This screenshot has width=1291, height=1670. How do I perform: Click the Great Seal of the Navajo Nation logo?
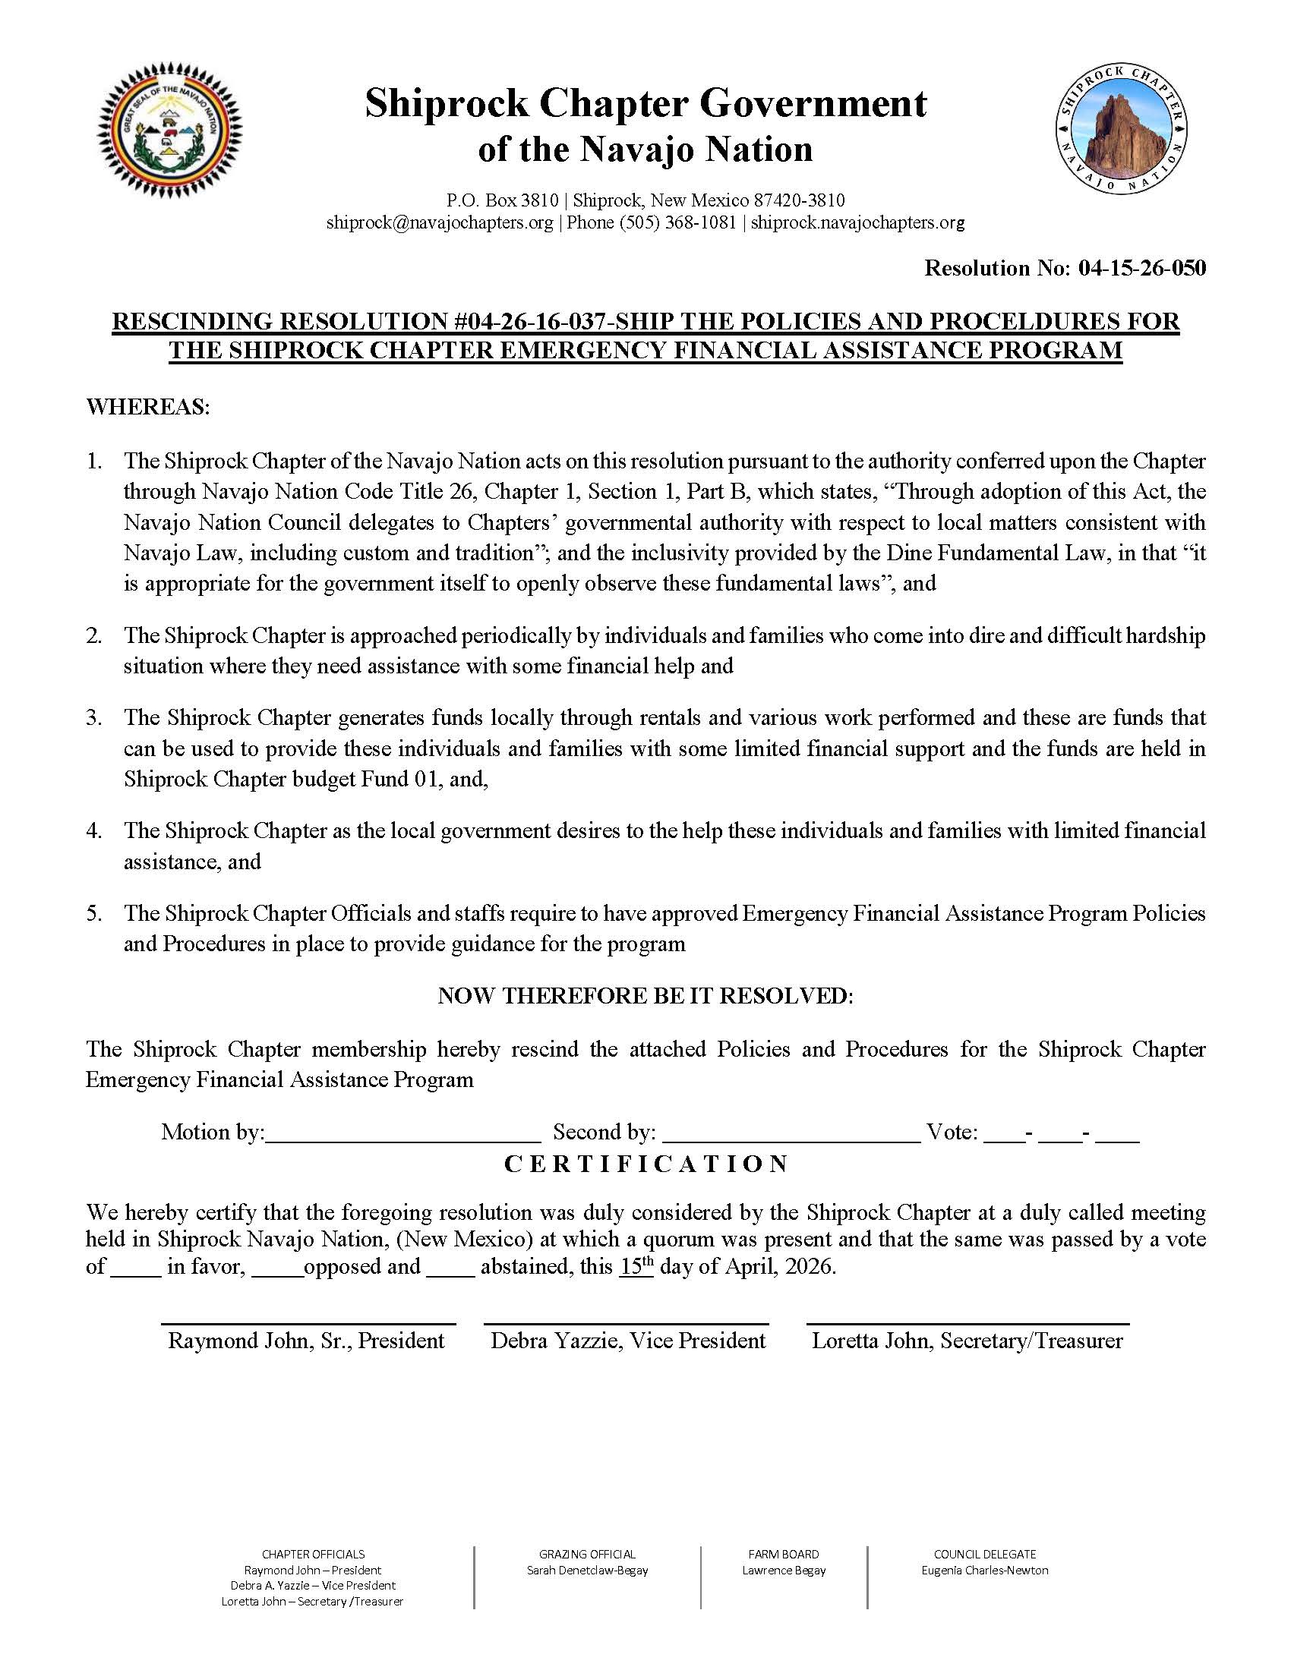pyautogui.click(x=169, y=131)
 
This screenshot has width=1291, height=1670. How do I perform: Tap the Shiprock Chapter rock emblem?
pyautogui.click(x=1122, y=129)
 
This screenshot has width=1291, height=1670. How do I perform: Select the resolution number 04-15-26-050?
pyautogui.click(x=1142, y=268)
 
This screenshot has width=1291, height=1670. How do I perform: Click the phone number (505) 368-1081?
pyautogui.click(x=677, y=222)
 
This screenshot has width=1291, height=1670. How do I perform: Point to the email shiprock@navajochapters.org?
pyautogui.click(x=439, y=222)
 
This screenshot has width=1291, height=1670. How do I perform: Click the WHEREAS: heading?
pyautogui.click(x=147, y=407)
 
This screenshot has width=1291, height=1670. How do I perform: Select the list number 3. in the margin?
pyautogui.click(x=94, y=717)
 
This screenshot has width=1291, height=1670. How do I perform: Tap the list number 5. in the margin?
pyautogui.click(x=94, y=913)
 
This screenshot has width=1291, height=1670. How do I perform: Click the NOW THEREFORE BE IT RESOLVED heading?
pyautogui.click(x=645, y=996)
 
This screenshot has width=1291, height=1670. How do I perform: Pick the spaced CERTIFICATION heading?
pyautogui.click(x=645, y=1164)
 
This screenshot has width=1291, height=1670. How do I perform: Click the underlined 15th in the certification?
pyautogui.click(x=636, y=1266)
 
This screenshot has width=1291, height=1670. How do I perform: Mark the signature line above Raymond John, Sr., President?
pyautogui.click(x=308, y=1323)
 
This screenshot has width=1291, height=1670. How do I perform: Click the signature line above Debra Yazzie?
pyautogui.click(x=627, y=1323)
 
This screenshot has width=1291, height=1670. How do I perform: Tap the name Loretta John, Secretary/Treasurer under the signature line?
pyautogui.click(x=967, y=1341)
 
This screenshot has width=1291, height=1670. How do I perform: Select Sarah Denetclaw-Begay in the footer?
pyautogui.click(x=586, y=1570)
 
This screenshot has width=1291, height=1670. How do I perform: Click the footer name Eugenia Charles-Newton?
pyautogui.click(x=984, y=1570)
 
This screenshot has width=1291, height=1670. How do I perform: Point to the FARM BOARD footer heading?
pyautogui.click(x=783, y=1554)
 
